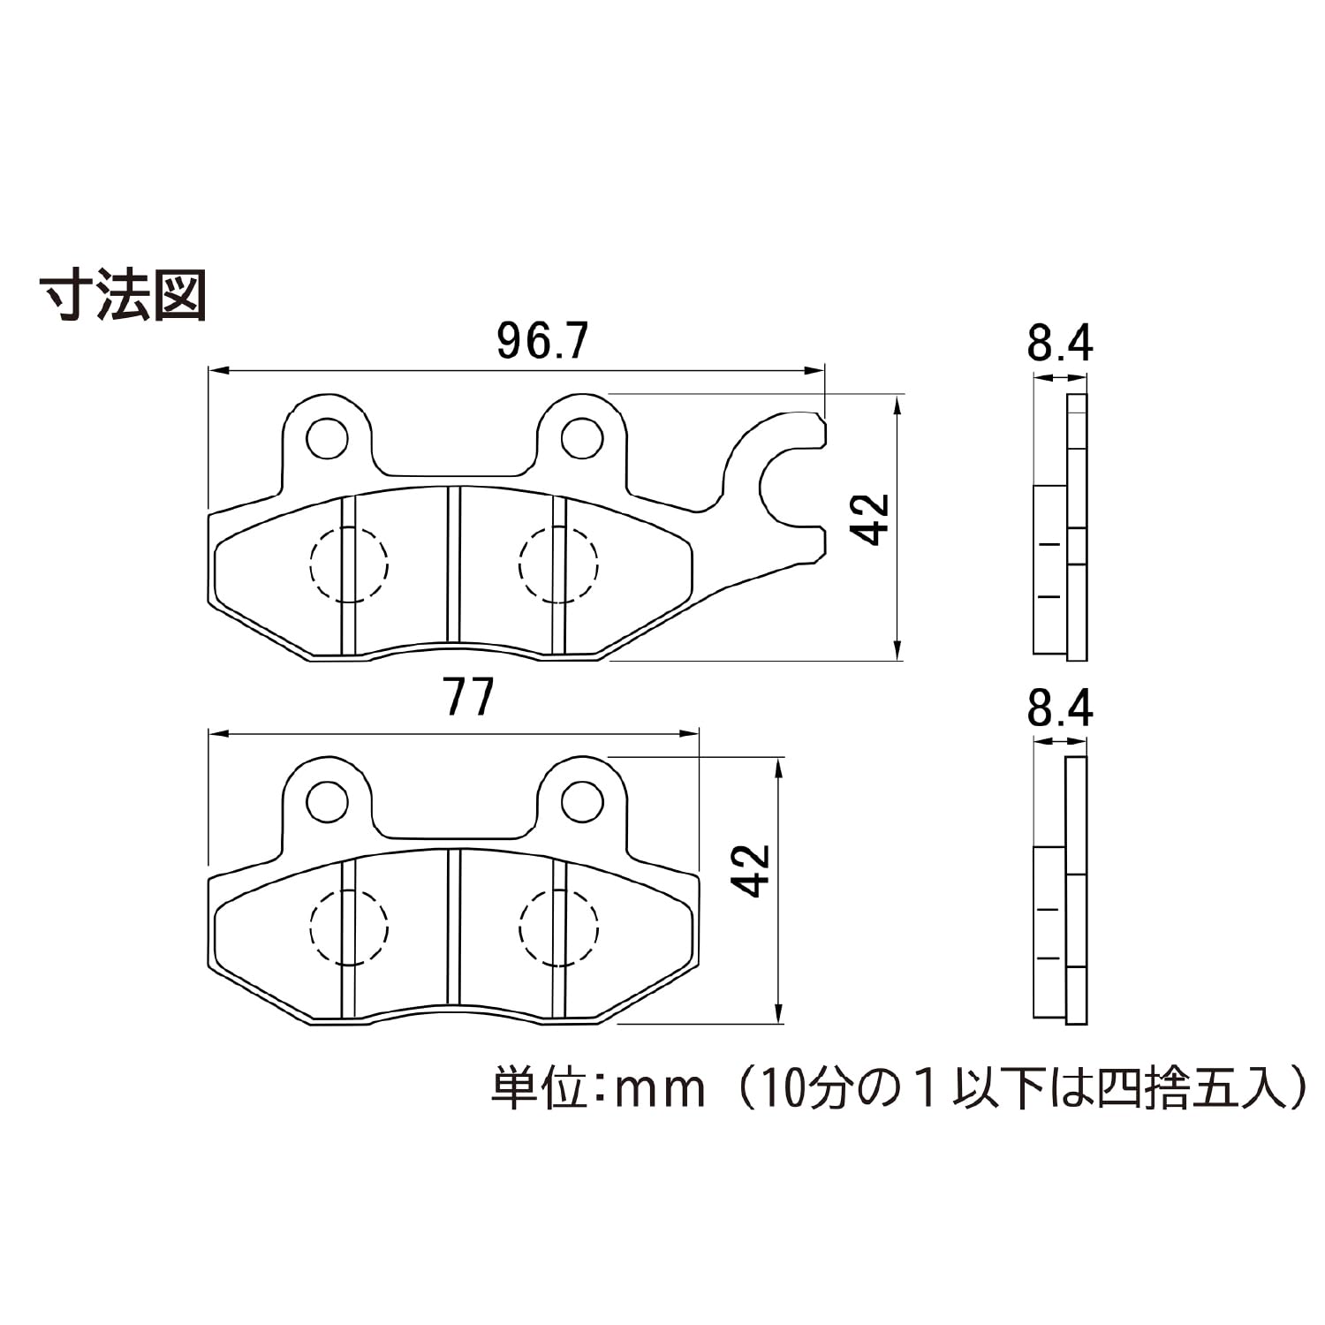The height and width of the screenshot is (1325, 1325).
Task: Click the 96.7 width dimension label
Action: point(542,341)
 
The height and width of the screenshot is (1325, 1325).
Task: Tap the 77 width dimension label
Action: point(469,698)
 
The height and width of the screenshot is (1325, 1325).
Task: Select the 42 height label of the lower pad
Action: point(752,871)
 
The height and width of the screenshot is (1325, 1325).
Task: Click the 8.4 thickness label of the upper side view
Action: point(1060,343)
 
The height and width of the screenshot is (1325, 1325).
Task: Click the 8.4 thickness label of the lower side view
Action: point(1060,708)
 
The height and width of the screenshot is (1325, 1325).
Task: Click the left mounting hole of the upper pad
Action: point(327,438)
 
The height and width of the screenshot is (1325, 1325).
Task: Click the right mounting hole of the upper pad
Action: point(582,438)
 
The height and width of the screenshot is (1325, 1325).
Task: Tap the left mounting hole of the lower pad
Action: point(327,801)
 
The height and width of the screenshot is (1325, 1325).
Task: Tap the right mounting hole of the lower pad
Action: point(582,801)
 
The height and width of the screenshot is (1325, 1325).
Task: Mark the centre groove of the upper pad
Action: point(453,565)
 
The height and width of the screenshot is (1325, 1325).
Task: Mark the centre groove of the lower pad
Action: point(453,927)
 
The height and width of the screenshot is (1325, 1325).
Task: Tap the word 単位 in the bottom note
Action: point(540,1088)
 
